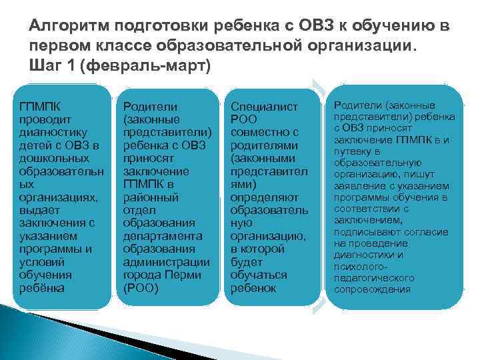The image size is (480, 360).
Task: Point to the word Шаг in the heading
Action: pos(44,66)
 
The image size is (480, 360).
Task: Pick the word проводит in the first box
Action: pos(43,119)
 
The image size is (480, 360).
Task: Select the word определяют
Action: pos(264,197)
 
